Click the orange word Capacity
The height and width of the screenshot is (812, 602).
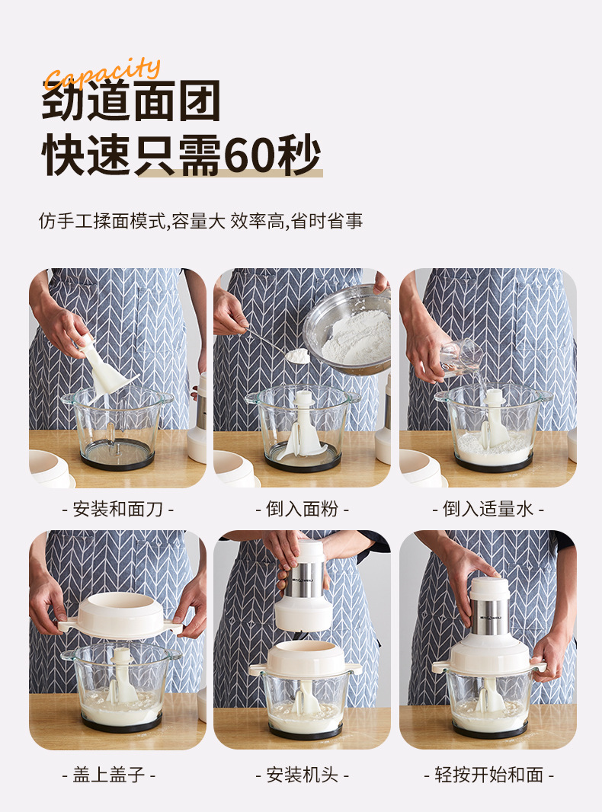103,74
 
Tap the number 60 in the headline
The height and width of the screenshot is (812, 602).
251,155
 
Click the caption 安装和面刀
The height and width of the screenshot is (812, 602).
117,509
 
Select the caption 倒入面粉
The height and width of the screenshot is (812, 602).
302,509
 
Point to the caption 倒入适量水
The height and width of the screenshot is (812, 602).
488,509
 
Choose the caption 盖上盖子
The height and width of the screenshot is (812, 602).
109,775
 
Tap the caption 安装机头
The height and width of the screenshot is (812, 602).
302,775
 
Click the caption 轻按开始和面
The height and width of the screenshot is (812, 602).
489,775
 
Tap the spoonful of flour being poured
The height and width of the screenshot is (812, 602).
297,355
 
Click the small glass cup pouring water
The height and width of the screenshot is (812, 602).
461,357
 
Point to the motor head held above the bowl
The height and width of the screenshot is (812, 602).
304,586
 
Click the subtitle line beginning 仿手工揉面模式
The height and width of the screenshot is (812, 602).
201,221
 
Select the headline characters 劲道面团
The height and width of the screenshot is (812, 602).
131,101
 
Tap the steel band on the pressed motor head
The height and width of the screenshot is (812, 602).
489,617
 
